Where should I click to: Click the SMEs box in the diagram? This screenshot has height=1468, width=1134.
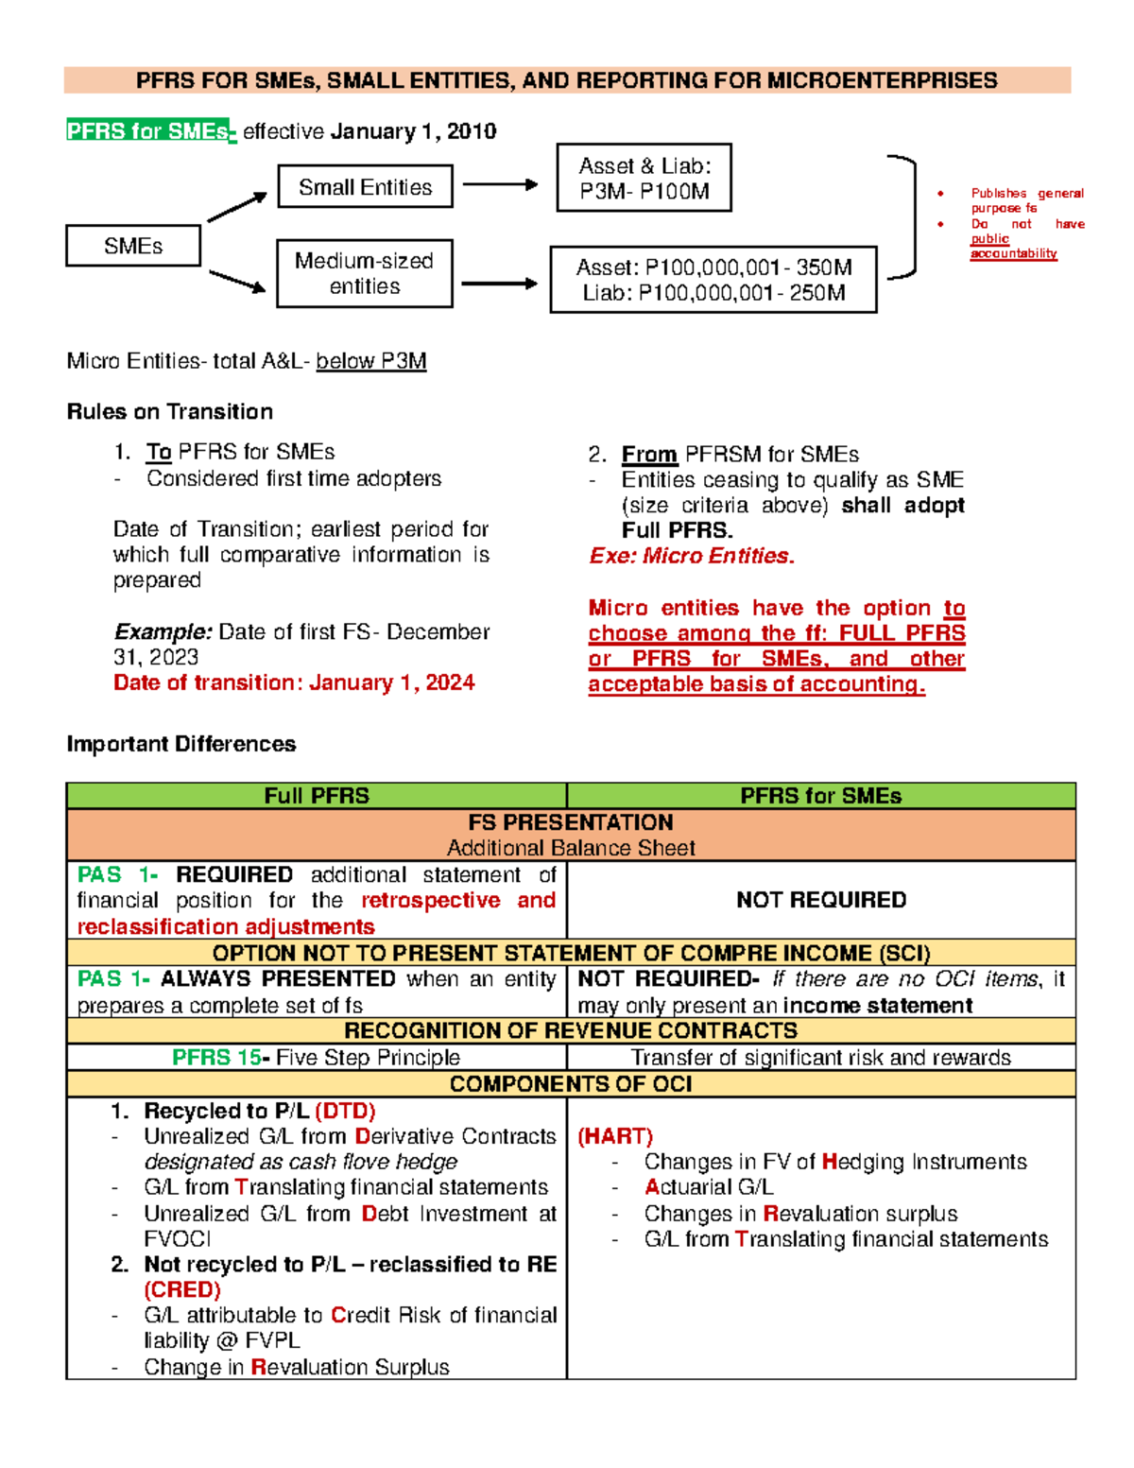(133, 246)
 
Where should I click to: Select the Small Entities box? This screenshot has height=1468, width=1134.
(365, 187)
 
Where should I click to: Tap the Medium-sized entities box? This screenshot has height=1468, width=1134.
(365, 273)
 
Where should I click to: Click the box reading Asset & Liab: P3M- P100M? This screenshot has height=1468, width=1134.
(644, 178)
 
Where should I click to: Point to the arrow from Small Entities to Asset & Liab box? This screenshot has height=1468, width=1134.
(500, 185)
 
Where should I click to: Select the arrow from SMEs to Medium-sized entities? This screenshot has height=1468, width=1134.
(237, 281)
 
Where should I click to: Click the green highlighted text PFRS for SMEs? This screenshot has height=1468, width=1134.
(149, 131)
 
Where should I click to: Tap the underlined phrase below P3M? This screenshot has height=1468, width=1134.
(371, 361)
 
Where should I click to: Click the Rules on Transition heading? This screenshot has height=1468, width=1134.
(170, 411)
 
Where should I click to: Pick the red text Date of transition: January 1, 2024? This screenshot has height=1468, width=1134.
(294, 682)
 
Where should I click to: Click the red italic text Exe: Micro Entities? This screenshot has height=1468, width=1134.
(692, 556)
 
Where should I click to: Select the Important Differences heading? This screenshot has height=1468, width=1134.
(181, 744)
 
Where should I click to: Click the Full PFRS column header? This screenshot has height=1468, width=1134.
(317, 796)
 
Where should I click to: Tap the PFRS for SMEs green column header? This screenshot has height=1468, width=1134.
(820, 796)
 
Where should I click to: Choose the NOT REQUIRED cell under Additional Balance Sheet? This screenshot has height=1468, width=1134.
(820, 900)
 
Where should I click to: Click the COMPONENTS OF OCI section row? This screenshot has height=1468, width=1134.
(571, 1084)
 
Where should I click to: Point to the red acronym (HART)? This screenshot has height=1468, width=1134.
(615, 1136)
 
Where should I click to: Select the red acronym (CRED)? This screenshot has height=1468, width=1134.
(182, 1289)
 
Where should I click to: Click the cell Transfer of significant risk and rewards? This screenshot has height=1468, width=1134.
(820, 1058)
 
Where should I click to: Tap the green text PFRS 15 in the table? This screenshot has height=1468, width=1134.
(216, 1058)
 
